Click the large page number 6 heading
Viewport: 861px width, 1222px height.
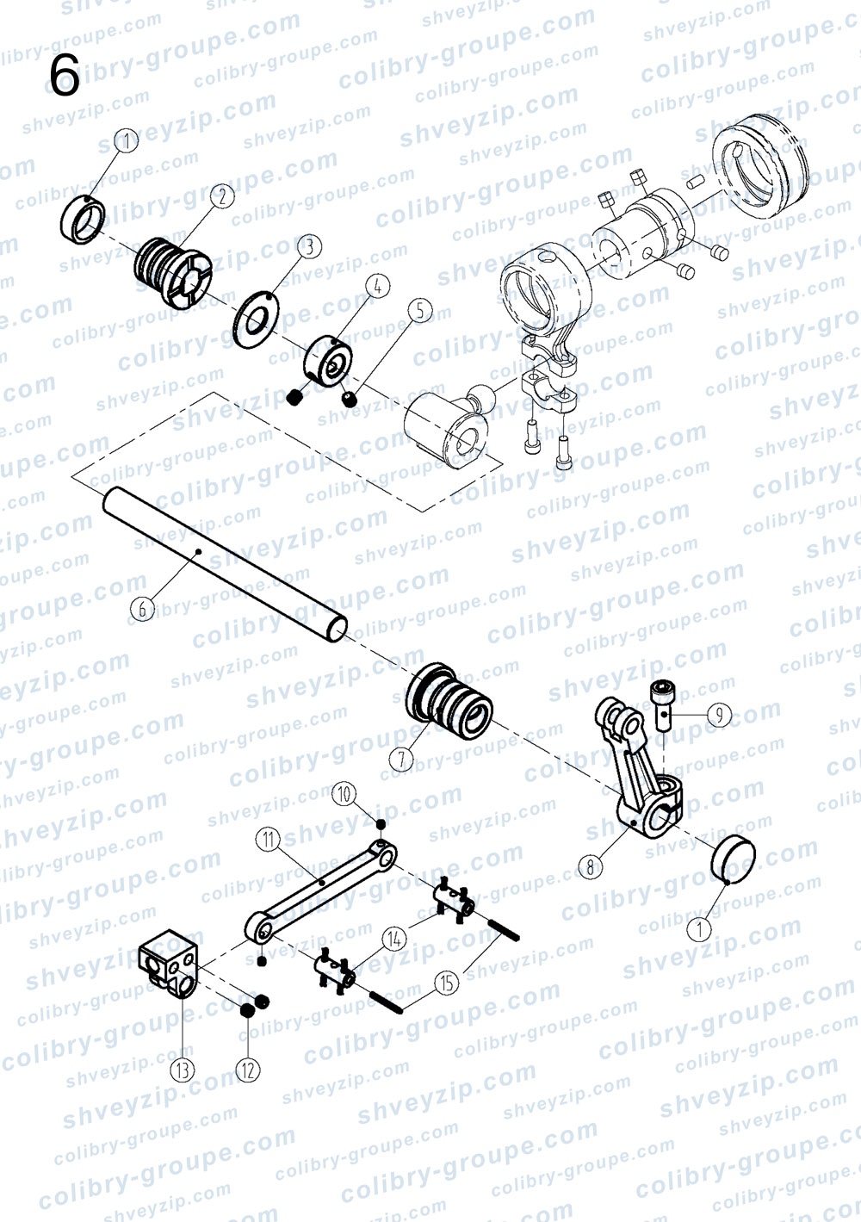click(x=65, y=77)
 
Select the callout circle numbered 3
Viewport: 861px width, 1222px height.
click(x=310, y=246)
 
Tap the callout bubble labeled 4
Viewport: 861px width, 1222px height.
click(x=379, y=286)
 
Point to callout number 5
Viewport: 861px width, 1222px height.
click(x=420, y=311)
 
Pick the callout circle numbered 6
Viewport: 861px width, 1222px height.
click(x=143, y=609)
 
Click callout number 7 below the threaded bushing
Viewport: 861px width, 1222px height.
click(x=402, y=760)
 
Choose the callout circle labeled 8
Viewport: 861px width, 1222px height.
click(x=591, y=867)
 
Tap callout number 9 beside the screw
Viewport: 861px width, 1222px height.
click(x=720, y=714)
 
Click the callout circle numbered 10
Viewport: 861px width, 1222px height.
click(x=344, y=794)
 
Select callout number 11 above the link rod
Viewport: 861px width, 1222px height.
click(x=269, y=839)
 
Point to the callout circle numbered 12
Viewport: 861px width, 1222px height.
click(x=248, y=1070)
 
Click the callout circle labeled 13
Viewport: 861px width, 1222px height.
click(x=183, y=1070)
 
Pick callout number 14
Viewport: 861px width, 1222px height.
click(x=394, y=939)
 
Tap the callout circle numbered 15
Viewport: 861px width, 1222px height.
click(x=447, y=983)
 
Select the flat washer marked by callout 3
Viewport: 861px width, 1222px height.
click(x=256, y=319)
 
